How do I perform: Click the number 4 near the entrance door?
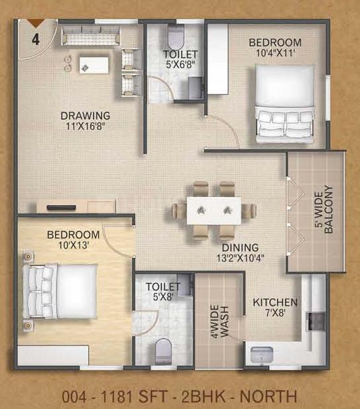coord(36,39)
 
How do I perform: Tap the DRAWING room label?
coord(86,115)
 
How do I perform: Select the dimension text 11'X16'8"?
coord(86,127)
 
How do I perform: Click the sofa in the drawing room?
coord(91,36)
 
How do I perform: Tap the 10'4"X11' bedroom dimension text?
coord(275,53)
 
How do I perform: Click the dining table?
coord(214,211)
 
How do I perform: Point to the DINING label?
coord(240,247)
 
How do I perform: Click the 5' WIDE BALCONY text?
coord(324,209)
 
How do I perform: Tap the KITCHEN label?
coord(275,302)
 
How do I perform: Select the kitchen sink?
coord(262,355)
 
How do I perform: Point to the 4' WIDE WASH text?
coord(219,322)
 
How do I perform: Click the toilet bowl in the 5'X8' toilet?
coord(163,351)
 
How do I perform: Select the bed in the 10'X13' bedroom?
coord(60,291)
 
